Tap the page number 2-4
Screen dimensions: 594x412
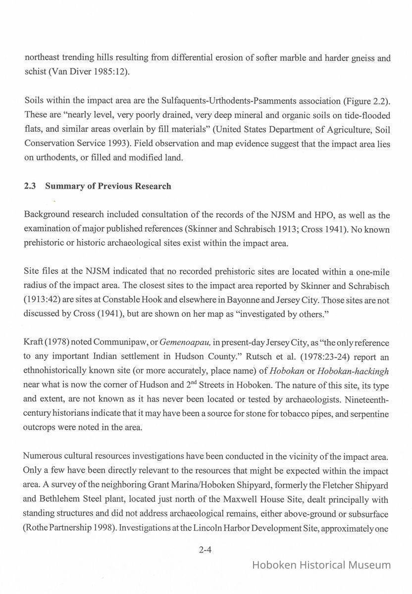pyautogui.click(x=205, y=549)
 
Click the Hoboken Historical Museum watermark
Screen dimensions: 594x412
pyautogui.click(x=321, y=565)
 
